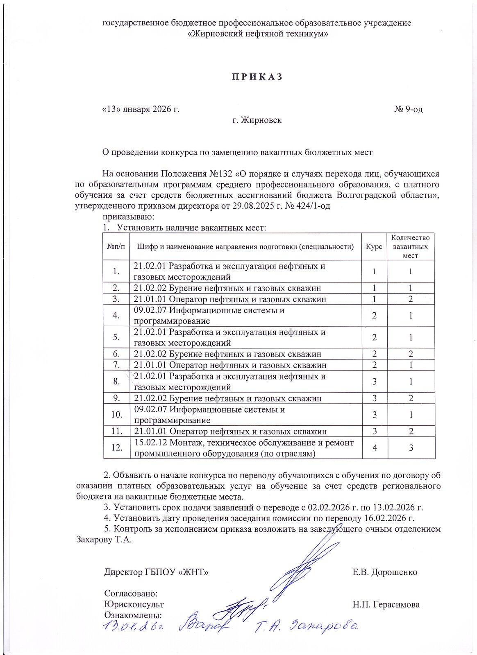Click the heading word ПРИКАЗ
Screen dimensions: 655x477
[258, 77]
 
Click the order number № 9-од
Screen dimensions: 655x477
[408, 109]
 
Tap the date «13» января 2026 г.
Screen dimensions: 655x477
[141, 109]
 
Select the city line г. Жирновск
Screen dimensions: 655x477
[257, 120]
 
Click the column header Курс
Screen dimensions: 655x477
[374, 247]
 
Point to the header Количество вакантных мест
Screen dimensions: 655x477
[410, 246]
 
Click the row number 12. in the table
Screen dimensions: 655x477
[117, 447]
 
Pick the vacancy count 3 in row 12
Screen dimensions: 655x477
[410, 447]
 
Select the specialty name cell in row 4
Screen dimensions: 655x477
[209, 315]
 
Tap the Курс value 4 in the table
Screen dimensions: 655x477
[374, 447]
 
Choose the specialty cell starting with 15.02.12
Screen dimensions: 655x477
[243, 447]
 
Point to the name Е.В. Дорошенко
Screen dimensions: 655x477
[385, 572]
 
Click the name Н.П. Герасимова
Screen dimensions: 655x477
[386, 604]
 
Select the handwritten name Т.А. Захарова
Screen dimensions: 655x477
[307, 626]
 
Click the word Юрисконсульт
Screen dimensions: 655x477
[134, 604]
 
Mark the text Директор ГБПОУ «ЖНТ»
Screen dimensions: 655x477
[156, 572]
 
